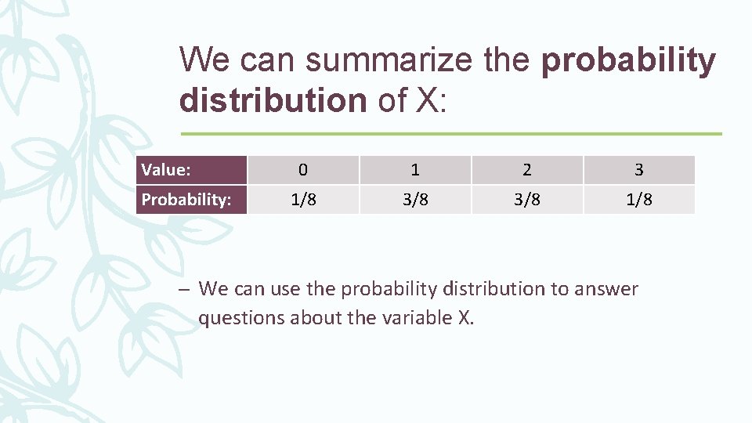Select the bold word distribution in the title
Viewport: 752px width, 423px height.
point(273,100)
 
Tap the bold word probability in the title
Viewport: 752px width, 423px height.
point(628,60)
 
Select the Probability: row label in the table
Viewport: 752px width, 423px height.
point(186,200)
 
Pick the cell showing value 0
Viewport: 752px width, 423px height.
point(303,170)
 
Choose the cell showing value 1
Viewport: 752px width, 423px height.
point(415,170)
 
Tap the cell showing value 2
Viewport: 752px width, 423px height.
point(527,170)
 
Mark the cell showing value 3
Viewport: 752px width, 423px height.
point(639,170)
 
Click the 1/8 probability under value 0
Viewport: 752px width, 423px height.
point(303,200)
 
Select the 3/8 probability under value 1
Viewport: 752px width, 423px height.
point(415,200)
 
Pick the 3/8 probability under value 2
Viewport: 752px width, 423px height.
point(527,200)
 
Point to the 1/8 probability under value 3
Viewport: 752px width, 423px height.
point(639,200)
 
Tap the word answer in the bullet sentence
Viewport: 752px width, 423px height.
point(606,289)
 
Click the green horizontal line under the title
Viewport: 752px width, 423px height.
point(450,134)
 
